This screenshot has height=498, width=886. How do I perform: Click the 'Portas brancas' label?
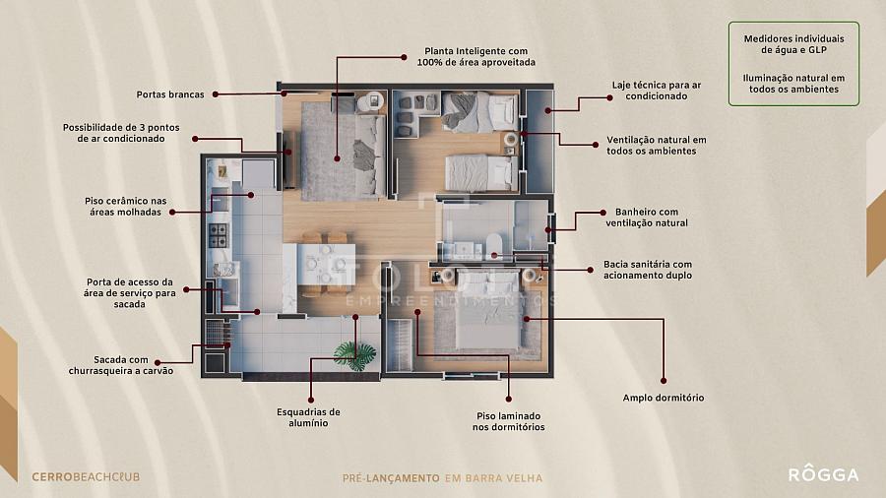click(170, 94)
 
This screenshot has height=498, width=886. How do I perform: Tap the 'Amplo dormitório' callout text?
click(664, 398)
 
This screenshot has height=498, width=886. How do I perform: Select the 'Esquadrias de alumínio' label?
click(308, 417)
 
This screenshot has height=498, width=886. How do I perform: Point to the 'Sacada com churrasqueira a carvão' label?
click(121, 365)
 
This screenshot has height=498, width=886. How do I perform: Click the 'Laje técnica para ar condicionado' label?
click(657, 91)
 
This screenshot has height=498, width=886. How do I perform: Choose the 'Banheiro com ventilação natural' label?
click(647, 218)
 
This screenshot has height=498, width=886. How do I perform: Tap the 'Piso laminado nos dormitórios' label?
click(509, 421)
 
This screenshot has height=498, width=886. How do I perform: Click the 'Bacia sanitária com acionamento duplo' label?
click(648, 270)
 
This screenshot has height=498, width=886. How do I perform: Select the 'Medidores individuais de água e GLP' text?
click(793, 44)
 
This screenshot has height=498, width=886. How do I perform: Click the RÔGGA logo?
click(823, 474)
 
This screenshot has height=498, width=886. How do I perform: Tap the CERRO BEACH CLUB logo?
click(86, 477)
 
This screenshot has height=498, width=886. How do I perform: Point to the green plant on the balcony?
click(354, 355)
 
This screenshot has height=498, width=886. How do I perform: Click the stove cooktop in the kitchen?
click(219, 236)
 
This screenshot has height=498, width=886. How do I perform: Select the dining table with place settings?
click(326, 264)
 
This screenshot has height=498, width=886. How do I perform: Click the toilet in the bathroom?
click(493, 243)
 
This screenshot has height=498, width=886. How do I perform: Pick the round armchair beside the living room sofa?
click(371, 101)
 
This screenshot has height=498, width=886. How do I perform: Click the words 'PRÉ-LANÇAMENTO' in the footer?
click(391, 478)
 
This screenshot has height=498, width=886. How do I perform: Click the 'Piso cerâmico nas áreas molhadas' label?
click(125, 206)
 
